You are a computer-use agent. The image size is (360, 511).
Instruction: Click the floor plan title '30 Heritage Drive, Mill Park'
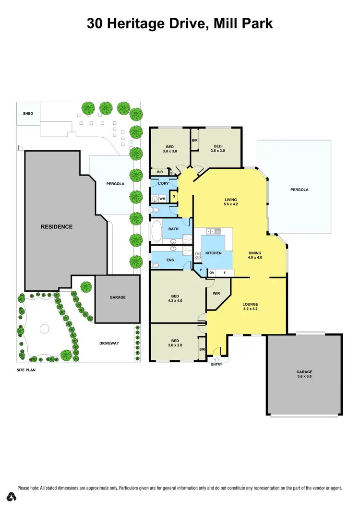[180, 23]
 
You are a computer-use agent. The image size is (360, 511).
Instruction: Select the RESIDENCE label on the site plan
[56, 226]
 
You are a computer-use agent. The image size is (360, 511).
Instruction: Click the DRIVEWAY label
[109, 343]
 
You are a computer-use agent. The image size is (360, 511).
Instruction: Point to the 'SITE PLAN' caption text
[26, 370]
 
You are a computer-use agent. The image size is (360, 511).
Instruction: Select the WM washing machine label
[162, 198]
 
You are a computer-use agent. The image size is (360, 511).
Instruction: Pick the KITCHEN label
[214, 253]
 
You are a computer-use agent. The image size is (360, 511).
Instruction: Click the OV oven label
[212, 273]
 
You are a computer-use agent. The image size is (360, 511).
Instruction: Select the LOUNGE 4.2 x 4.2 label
[250, 307]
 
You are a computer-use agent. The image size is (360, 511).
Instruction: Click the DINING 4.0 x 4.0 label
[255, 255]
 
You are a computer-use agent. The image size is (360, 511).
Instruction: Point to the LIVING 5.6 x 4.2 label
[231, 202]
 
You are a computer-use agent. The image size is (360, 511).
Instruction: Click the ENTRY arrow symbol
[216, 359]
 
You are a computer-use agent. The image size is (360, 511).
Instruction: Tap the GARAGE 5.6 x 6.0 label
[304, 374]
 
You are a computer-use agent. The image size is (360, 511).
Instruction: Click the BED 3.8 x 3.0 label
[217, 148]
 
